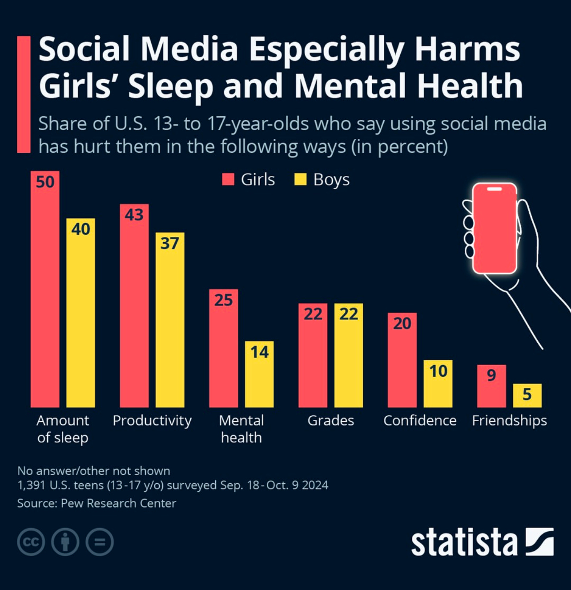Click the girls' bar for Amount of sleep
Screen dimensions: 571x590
coord(45,289)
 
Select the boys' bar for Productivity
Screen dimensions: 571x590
coord(170,320)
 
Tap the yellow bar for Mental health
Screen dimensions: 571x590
coord(259,374)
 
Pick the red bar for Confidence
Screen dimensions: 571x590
coord(402,360)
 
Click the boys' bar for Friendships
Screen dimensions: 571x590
coord(527,395)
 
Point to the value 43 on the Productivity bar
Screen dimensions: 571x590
coord(134,215)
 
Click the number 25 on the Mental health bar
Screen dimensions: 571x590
coord(223,300)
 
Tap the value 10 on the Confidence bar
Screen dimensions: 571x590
coord(438,371)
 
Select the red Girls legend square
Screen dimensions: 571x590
coord(228,179)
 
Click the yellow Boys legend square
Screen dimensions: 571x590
coord(300,179)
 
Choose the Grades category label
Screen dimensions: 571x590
coord(330,420)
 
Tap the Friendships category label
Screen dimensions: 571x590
coord(510,421)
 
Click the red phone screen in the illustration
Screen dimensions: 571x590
coord(495,228)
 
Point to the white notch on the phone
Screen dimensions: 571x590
coord(495,189)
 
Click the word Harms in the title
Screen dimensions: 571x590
coord(467,49)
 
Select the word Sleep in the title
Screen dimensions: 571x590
coord(171,86)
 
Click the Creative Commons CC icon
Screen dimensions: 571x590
coord(31,542)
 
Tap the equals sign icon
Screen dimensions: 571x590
coord(100,542)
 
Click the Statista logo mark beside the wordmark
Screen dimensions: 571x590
coord(539,541)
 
